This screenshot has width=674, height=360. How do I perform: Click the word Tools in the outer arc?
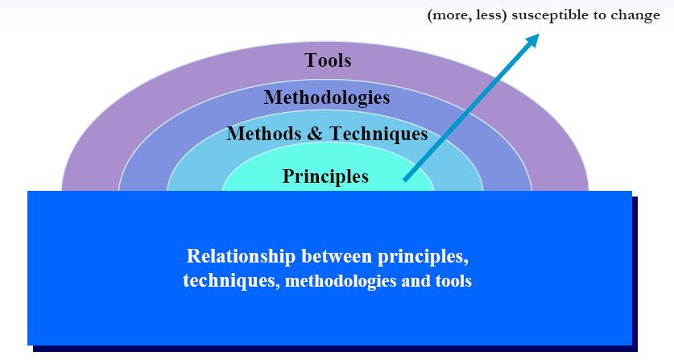point(328,60)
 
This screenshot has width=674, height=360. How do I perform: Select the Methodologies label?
point(327,97)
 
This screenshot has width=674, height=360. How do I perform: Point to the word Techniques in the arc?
point(378,134)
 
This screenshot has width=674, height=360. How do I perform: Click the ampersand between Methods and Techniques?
point(315,134)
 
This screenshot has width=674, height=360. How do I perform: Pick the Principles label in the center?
point(325,176)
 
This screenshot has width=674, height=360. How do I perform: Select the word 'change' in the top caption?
point(638,16)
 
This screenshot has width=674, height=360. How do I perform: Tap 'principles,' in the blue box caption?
point(424,257)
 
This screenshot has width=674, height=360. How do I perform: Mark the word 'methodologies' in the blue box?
point(341,281)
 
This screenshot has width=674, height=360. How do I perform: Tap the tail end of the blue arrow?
point(405,180)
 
